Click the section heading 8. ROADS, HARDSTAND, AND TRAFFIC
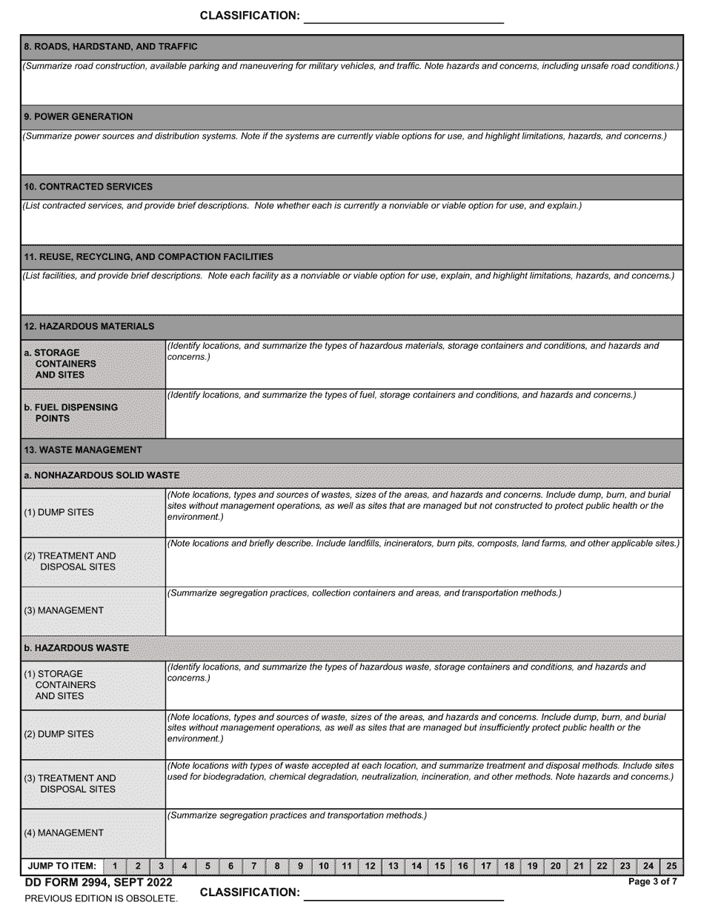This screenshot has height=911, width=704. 111,47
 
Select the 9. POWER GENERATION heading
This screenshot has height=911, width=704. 79,116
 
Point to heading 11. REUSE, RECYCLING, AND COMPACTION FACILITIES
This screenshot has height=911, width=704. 148,257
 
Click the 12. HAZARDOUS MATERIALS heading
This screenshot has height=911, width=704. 89,326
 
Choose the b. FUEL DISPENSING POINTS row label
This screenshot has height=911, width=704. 70,413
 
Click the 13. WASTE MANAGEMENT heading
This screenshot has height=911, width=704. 83,450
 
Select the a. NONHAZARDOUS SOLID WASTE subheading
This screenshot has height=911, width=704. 102,475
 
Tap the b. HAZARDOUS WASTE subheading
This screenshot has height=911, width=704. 76,648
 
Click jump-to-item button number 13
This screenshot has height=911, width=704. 393,866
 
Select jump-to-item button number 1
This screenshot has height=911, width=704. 115,866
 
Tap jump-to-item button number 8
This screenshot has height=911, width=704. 277,866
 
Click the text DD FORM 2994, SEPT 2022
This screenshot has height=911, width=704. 99,882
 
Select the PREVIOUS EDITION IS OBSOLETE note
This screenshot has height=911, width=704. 101,898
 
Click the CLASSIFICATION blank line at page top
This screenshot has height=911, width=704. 404,16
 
